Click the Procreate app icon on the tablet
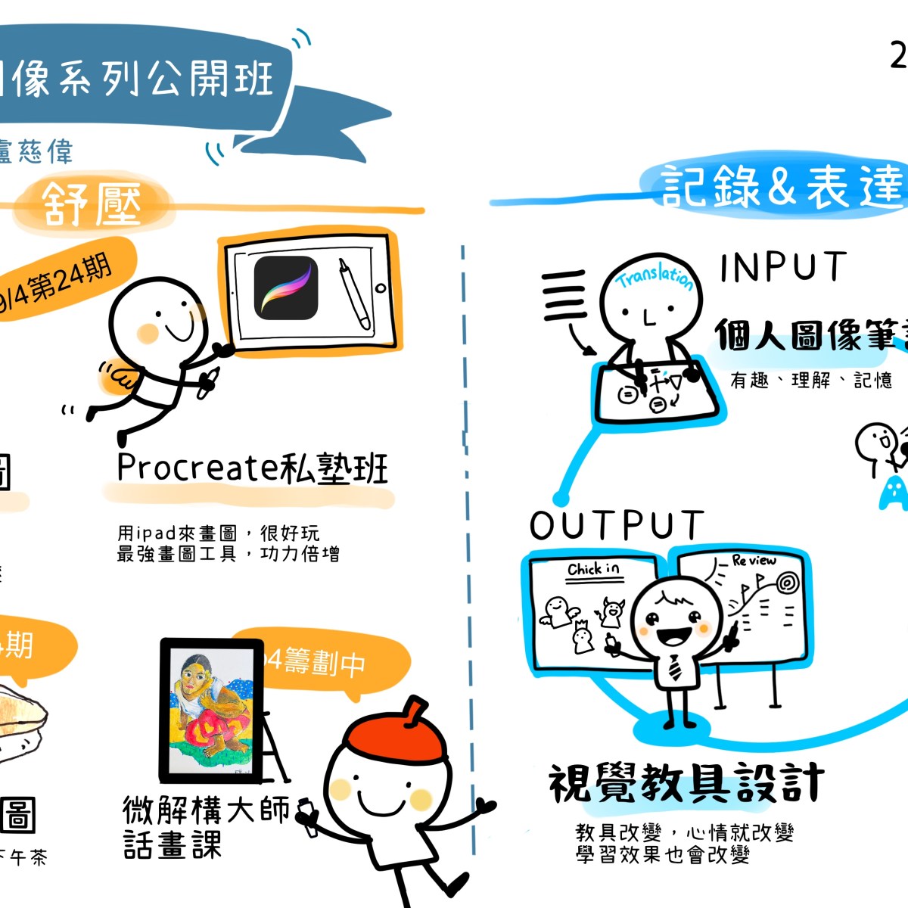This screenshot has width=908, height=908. (x=285, y=288)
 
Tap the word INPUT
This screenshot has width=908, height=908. (x=782, y=267)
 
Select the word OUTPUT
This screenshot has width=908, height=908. (x=617, y=525)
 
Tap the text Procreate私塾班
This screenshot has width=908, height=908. (x=252, y=468)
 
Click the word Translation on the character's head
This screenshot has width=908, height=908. (x=655, y=277)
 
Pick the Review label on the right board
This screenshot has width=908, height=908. (x=754, y=561)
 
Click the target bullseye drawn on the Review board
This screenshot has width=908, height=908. (x=788, y=583)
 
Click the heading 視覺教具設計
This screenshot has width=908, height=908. (x=686, y=783)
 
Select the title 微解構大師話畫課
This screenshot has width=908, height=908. (x=204, y=826)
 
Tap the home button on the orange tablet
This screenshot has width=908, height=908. (x=381, y=288)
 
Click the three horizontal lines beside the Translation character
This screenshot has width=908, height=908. (x=564, y=295)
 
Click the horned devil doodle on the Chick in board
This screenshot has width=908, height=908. (x=611, y=611)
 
